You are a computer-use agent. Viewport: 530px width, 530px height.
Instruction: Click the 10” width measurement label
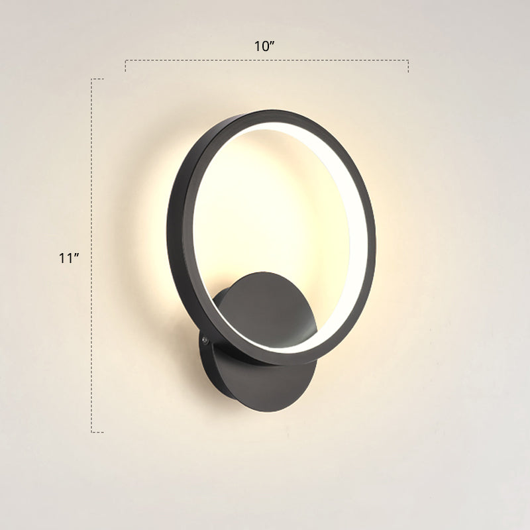pyautogui.click(x=264, y=46)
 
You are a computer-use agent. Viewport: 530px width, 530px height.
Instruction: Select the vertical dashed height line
pyautogui.click(x=91, y=255)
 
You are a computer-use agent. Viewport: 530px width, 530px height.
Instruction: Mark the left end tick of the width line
pyautogui.click(x=126, y=66)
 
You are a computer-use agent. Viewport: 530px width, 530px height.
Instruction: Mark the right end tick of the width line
pyautogui.click(x=408, y=66)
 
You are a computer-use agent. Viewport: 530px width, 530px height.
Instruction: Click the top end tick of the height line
pyautogui.click(x=97, y=79)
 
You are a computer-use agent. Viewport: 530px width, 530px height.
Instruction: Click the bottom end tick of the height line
pyautogui.click(x=97, y=432)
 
